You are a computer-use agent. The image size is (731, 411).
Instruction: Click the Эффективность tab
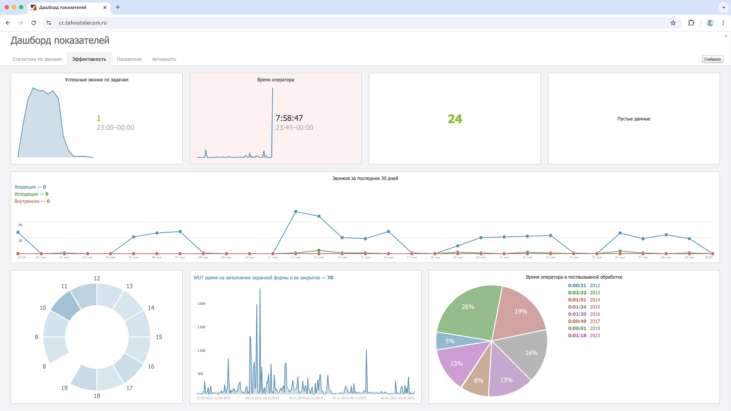tap(89, 59)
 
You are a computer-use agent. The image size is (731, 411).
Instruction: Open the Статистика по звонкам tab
tap(37, 59)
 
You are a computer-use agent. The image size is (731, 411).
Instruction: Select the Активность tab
tap(164, 59)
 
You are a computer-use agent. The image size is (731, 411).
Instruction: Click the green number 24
tap(455, 119)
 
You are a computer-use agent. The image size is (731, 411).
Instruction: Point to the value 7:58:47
tap(289, 118)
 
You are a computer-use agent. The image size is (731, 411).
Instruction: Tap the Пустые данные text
tap(634, 119)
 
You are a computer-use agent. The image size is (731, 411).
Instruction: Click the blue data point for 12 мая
tap(296, 212)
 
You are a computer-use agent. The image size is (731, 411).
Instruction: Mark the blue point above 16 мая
tap(388, 232)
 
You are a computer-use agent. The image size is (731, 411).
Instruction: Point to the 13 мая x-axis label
tap(319, 258)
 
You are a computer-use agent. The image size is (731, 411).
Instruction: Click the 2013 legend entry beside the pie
tap(595, 293)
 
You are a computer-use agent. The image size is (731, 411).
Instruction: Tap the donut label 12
tap(97, 278)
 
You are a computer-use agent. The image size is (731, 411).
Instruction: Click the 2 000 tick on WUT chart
tap(202, 304)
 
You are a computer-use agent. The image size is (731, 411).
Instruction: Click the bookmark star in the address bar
tap(673, 23)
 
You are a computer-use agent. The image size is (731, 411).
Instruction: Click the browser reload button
tap(34, 23)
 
